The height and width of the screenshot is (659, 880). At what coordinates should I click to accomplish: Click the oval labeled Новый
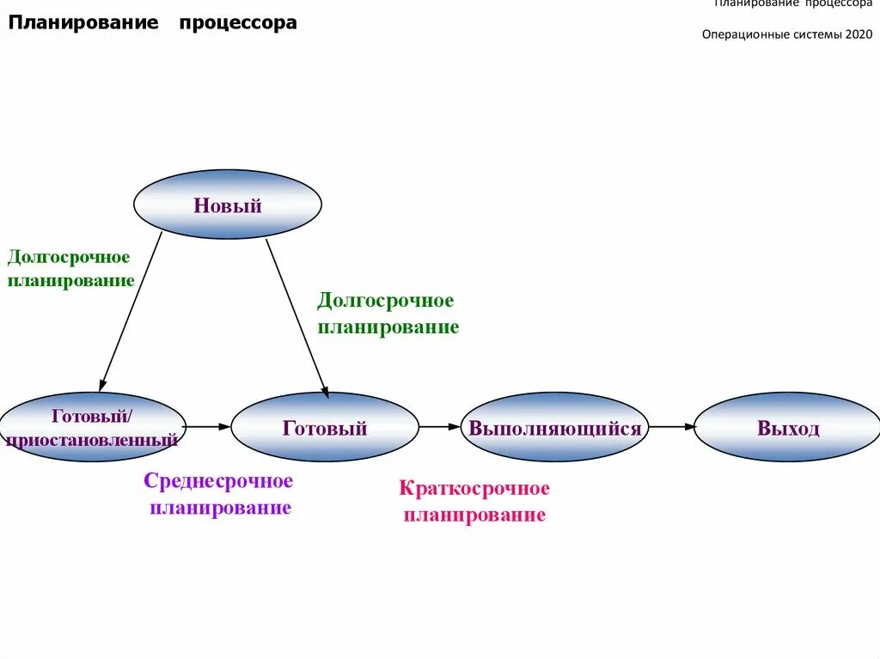click(227, 204)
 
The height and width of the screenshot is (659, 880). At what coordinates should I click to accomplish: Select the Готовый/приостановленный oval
click(91, 427)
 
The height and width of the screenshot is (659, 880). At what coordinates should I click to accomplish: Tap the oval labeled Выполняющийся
click(554, 427)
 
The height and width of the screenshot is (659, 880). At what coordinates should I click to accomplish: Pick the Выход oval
click(787, 427)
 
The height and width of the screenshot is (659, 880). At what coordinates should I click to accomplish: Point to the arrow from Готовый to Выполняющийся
click(439, 426)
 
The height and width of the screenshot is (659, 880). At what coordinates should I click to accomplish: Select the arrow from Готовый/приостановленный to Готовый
click(207, 426)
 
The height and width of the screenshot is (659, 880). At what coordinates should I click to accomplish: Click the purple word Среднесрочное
click(218, 481)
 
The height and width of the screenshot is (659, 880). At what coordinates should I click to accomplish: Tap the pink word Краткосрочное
click(474, 489)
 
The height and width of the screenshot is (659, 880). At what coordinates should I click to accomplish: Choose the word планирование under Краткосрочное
click(474, 516)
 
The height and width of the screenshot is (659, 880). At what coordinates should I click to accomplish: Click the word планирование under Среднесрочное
click(220, 508)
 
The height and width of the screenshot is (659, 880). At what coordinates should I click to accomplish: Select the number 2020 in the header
click(859, 35)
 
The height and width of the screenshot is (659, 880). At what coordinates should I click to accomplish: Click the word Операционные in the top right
click(740, 35)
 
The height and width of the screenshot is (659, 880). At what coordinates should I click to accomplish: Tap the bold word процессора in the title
click(238, 23)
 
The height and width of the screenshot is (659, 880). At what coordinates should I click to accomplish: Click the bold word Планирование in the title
click(83, 23)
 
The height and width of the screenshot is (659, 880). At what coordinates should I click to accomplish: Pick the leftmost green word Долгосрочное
click(69, 257)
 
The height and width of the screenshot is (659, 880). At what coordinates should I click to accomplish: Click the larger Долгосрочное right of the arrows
click(385, 301)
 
